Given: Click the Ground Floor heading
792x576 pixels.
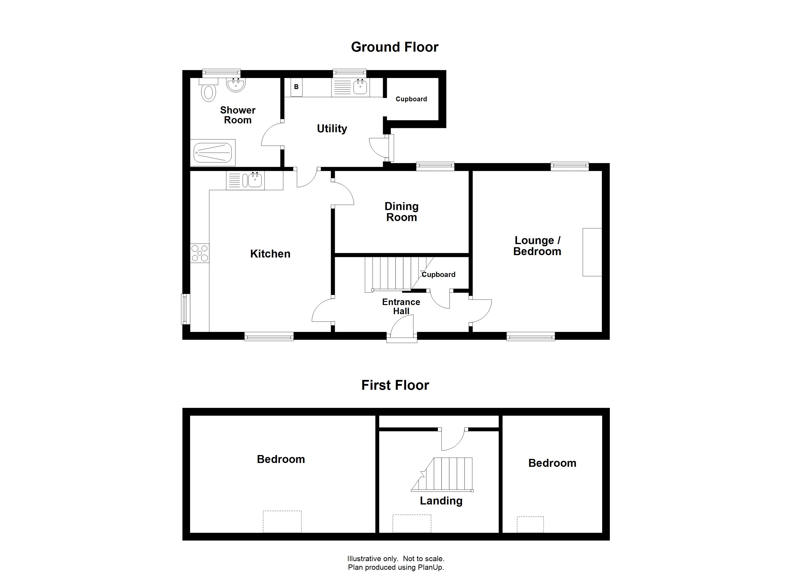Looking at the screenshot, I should (394, 47).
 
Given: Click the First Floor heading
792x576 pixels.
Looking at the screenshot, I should (395, 385).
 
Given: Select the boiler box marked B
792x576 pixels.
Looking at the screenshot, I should (296, 87).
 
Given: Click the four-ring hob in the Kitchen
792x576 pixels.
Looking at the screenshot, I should (200, 253).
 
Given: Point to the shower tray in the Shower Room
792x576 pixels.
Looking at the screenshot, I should (213, 153).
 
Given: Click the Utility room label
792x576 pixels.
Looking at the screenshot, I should (332, 129).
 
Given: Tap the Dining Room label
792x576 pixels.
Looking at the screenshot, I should (401, 212).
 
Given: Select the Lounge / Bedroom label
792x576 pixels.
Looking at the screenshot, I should (537, 246).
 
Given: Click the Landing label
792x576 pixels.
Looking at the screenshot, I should (441, 501).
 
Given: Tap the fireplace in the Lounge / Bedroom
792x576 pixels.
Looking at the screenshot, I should (592, 252).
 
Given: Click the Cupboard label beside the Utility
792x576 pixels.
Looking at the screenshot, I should (411, 99).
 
